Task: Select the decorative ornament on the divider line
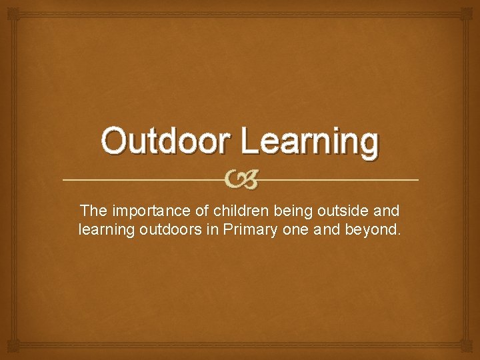point(240,180)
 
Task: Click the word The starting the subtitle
point(94,211)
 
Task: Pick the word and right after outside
point(387,211)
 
